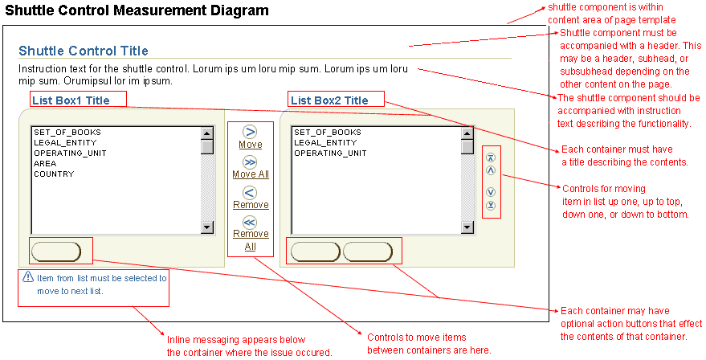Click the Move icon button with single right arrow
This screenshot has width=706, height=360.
pos(250,132)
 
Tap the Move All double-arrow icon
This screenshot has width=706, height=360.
pos(250,162)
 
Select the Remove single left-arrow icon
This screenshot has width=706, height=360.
pos(250,192)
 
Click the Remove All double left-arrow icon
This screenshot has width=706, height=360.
pos(250,222)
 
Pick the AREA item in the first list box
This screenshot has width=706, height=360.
pos(45,164)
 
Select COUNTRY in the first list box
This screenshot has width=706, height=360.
pos(54,174)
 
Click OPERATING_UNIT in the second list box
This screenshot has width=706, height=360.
pos(330,153)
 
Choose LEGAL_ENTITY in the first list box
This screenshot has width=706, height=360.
pos(65,143)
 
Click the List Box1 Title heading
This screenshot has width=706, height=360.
pos(71,100)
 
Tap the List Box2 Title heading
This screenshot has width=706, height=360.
pos(329,100)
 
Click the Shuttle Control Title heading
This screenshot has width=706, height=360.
pos(84,51)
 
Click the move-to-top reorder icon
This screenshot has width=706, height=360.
pos(491,157)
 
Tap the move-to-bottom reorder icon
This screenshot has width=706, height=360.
pos(491,206)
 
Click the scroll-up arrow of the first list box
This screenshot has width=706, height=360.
pos(207,133)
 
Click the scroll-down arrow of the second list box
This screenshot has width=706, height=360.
pos(467,227)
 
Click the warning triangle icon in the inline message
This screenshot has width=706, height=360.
pos(28,276)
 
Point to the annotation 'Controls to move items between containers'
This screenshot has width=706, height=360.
pos(429,344)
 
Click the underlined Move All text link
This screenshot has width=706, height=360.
pos(251,174)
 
